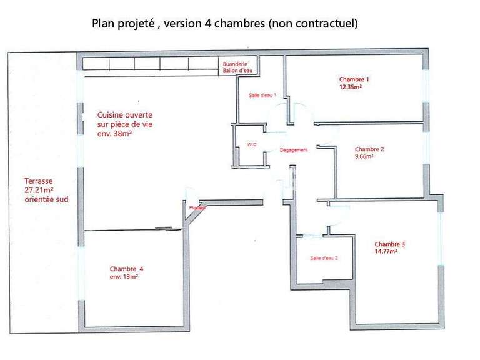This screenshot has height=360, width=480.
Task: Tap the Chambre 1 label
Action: [354, 79]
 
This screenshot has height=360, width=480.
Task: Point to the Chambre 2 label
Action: [369, 149]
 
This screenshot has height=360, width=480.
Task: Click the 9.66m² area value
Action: [364, 157]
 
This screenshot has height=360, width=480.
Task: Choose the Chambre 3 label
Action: [390, 244]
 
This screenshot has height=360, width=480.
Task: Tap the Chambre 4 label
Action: [127, 269]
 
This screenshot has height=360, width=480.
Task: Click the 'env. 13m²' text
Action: [124, 277]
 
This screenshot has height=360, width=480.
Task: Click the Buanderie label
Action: [236, 64]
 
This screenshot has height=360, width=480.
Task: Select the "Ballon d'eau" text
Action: [236, 71]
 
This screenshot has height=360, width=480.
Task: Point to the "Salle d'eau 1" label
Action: [262, 94]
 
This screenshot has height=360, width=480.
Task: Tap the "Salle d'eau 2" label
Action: [324, 258]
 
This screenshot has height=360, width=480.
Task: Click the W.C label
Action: [252, 145]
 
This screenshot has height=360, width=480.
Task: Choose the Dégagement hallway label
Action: [294, 151]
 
